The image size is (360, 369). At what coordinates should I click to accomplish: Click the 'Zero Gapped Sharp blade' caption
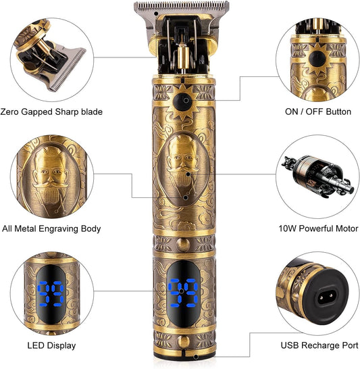[51, 112]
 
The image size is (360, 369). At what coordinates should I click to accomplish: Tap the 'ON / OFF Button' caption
[318, 112]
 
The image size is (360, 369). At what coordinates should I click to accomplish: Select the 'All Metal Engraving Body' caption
[51, 228]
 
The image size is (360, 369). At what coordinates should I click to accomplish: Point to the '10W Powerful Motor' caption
[318, 228]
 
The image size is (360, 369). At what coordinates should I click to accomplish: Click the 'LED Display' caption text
[51, 345]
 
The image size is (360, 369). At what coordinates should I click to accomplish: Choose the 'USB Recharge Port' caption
[319, 345]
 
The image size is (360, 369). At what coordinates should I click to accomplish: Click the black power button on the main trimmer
[183, 101]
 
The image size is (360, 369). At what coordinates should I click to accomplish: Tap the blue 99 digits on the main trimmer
[184, 293]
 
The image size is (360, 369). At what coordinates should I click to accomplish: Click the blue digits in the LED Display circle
[51, 294]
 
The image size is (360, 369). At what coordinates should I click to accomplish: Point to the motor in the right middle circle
[318, 176]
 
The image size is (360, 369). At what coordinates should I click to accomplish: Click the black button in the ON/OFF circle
[317, 59]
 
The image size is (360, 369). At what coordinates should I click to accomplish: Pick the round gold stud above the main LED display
[183, 244]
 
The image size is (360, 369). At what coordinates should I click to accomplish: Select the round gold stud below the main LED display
[183, 341]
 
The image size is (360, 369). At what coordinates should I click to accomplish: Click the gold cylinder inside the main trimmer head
[183, 57]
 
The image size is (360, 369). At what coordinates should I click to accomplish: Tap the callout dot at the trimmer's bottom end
[196, 357]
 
